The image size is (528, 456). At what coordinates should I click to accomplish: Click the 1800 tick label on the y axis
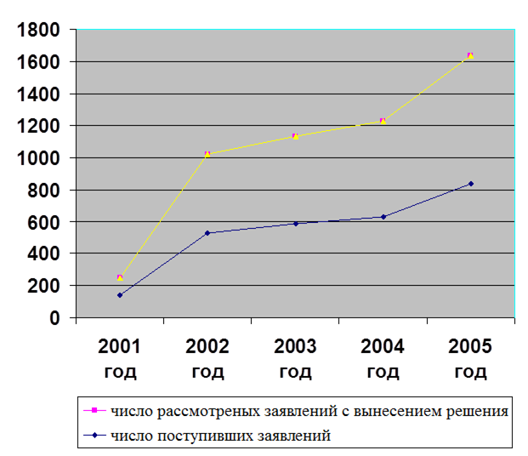coord(37,31)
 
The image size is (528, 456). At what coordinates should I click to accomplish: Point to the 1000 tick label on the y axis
coord(37,158)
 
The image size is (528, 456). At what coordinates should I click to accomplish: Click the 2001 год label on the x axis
coord(120,358)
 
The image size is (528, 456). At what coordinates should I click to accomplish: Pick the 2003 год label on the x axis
coord(295,358)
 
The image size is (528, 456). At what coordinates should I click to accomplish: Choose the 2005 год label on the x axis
coord(470,358)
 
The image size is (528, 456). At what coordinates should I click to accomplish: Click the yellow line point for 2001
coord(120,277)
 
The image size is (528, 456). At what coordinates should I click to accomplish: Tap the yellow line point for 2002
coord(207,154)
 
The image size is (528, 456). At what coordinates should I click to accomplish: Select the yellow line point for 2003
coord(295,136)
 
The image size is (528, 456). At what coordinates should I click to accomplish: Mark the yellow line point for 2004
coord(383,121)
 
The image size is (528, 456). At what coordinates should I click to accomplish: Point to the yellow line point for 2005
coord(470,56)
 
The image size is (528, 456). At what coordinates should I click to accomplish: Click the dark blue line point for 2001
coord(120,295)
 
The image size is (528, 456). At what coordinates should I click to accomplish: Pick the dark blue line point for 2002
coord(207,233)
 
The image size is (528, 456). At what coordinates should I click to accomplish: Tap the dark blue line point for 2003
coord(295,224)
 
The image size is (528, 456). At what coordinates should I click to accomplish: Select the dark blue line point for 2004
coord(383,217)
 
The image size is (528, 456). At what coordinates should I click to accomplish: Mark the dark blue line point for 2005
coord(470,184)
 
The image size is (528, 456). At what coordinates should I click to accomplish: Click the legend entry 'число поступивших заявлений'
coord(221,436)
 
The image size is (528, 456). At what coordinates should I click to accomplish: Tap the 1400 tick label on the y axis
coord(37,94)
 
